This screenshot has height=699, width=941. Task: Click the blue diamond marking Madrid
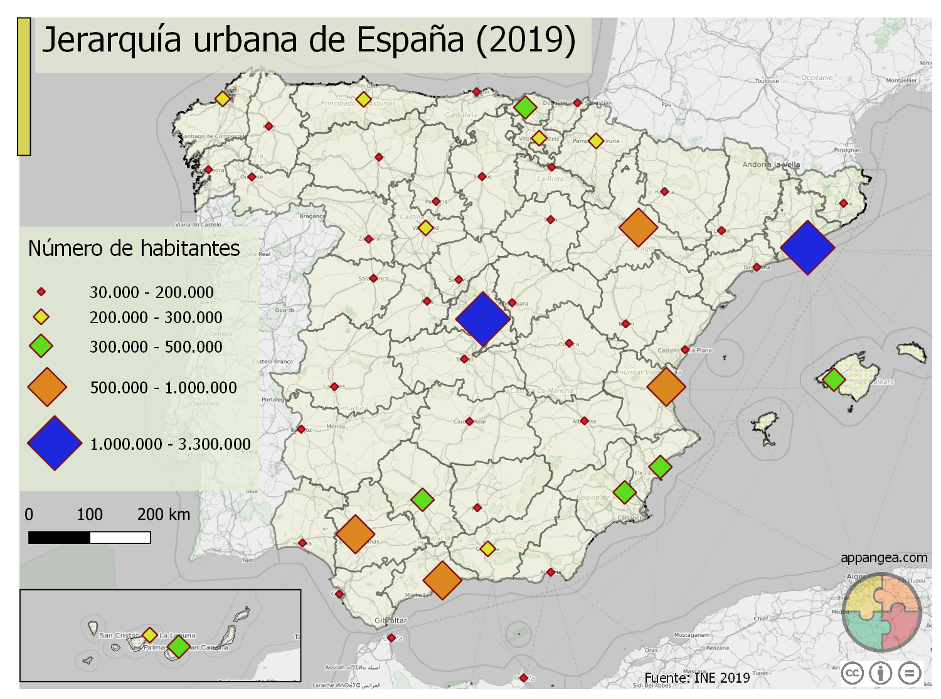tap(483, 319)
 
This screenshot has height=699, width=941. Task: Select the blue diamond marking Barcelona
tap(807, 247)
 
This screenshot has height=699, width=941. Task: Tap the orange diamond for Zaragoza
tap(638, 227)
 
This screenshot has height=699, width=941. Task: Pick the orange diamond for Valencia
tap(666, 387)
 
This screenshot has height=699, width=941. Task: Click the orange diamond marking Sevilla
tap(355, 534)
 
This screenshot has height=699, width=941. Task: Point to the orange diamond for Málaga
tap(442, 580)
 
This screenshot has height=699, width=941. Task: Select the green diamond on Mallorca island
tap(833, 379)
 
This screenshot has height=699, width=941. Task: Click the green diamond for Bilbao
tap(525, 107)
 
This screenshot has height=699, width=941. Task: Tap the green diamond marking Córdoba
tap(422, 499)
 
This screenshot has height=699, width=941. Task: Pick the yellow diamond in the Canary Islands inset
tap(149, 635)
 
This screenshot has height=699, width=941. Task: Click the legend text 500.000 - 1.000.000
tap(163, 388)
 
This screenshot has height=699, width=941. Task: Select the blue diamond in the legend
tap(55, 443)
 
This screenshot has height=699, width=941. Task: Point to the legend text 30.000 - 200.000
tap(151, 292)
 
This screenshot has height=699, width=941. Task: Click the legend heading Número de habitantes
tap(134, 249)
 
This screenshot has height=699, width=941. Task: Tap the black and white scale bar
tap(89, 537)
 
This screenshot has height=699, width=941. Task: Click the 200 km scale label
tap(163, 515)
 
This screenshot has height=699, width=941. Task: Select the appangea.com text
tap(883, 558)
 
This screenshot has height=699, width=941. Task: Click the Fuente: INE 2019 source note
tap(697, 678)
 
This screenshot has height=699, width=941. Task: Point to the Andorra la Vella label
tap(771, 164)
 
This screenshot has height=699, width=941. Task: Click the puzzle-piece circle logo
tap(881, 612)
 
